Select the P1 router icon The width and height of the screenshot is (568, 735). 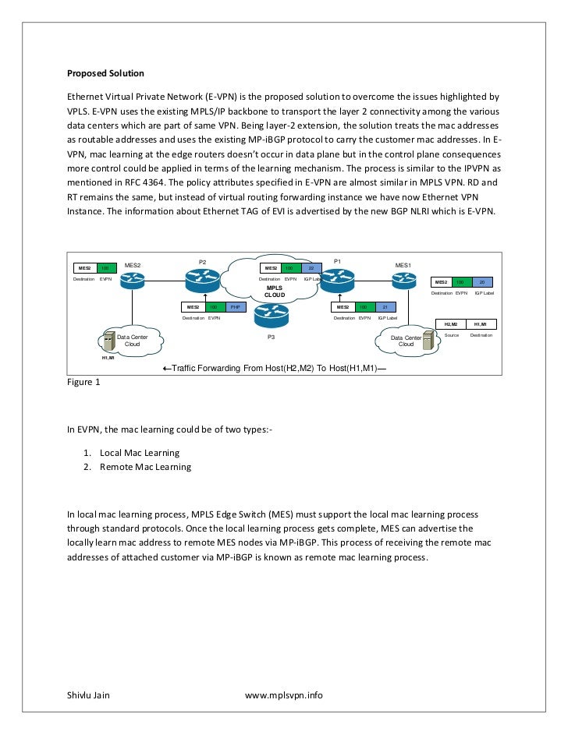point(337,278)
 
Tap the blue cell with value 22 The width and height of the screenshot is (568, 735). point(311,268)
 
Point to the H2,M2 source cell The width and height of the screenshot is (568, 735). point(450,323)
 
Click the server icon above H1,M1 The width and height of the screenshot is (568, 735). point(108,341)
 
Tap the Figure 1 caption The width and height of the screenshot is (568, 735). point(83,382)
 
